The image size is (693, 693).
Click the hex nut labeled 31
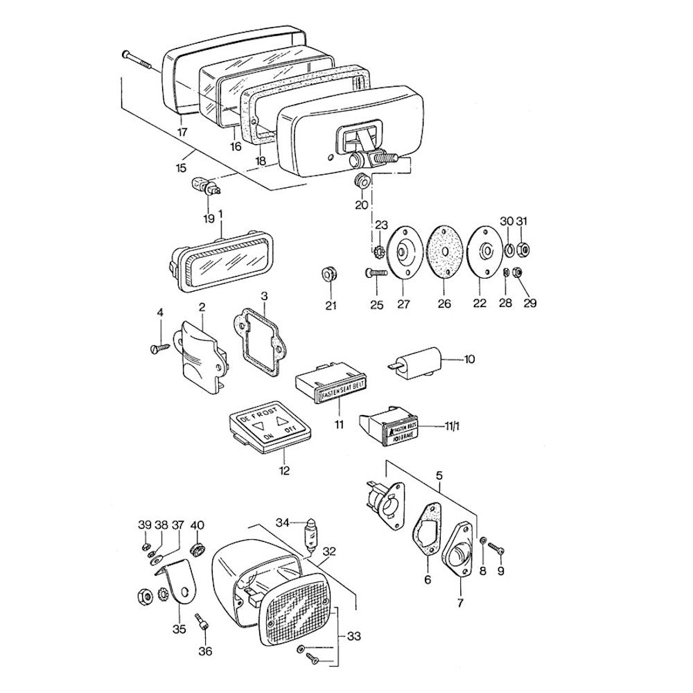524,247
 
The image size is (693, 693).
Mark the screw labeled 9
496,548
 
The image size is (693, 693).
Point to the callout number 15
180,168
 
